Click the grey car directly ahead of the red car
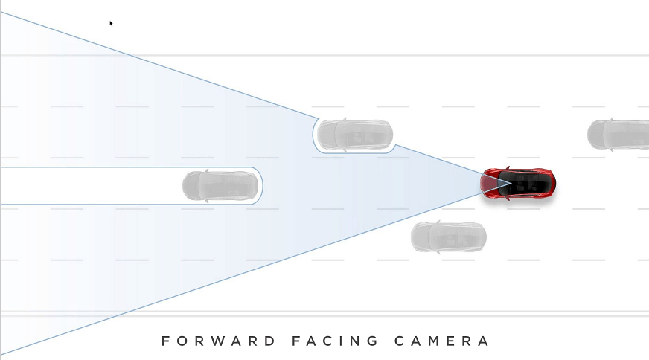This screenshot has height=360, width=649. click(x=220, y=186)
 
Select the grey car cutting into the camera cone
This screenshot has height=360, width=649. click(x=355, y=135)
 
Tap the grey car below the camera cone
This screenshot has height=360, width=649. click(x=449, y=237)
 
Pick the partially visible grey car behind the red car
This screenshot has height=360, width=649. click(x=618, y=135)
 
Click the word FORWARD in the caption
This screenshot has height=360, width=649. click(x=218, y=341)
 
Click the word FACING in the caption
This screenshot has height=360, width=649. click(x=335, y=341)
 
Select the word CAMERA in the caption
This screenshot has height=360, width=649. click(x=441, y=341)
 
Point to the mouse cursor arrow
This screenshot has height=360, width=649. click(x=112, y=24)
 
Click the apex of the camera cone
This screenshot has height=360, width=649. click(x=511, y=182)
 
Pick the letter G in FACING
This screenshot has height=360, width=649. click(x=372, y=341)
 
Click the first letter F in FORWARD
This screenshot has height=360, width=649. click(x=165, y=341)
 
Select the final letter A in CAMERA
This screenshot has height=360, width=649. click(x=484, y=341)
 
